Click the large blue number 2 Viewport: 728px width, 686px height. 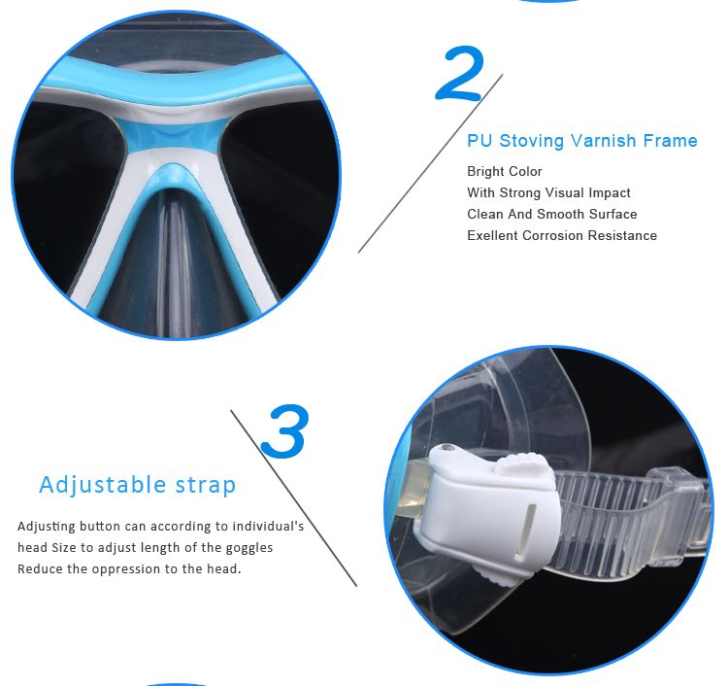point(460,73)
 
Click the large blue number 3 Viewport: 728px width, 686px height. point(284,430)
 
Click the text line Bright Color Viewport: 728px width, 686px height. point(505,171)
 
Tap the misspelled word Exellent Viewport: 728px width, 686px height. point(492,236)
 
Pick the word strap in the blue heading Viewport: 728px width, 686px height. point(206,486)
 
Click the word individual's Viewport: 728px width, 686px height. point(268,526)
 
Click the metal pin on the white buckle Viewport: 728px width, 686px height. point(447,449)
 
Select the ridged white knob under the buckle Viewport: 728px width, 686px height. point(494,577)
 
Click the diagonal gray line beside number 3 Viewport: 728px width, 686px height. point(294,497)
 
